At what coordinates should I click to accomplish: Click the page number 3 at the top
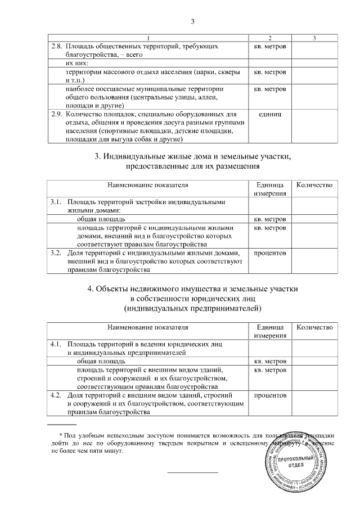pos(192,22)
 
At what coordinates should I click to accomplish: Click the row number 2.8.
pos(56,45)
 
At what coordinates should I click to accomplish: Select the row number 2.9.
pos(56,114)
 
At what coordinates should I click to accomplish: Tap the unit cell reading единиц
pos(269,114)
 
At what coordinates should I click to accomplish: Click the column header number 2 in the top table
pos(270,38)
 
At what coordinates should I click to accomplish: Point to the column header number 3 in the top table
pos(314,38)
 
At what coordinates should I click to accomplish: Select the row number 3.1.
pos(55,201)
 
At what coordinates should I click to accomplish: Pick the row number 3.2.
pos(55,253)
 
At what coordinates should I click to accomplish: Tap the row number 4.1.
pos(55,343)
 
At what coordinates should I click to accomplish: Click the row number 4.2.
pos(55,395)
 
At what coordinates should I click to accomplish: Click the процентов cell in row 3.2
pos(270,253)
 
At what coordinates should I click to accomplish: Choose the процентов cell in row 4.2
pos(270,395)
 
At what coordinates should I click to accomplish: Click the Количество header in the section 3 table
pos(314,185)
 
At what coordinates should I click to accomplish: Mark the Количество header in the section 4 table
pos(314,327)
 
